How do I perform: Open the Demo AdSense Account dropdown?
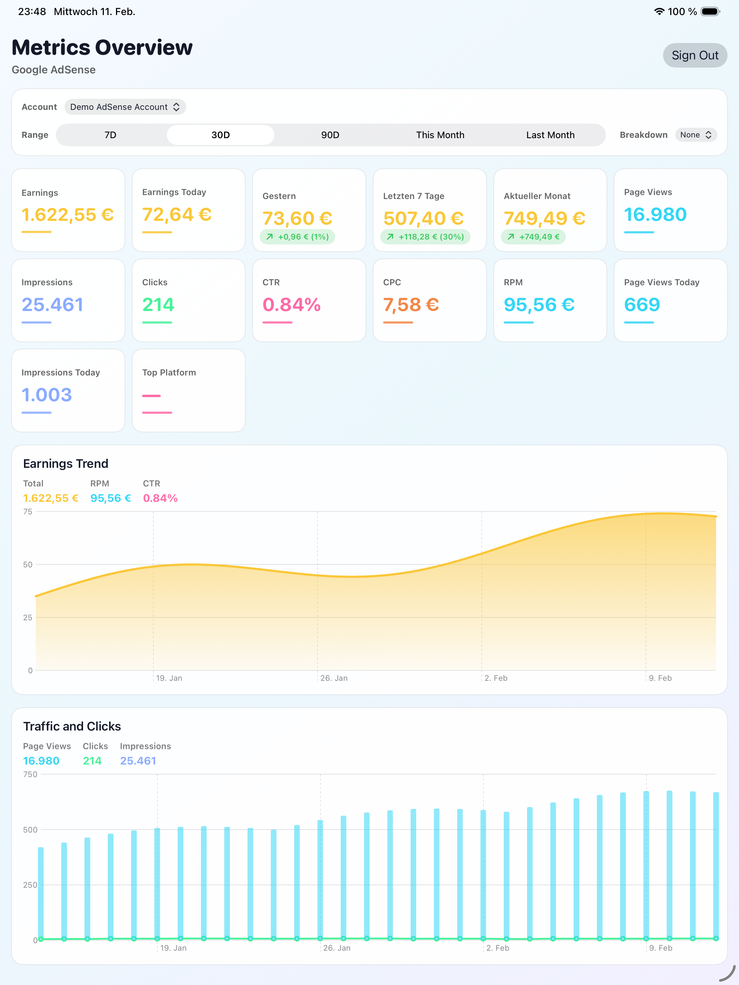pyautogui.click(x=125, y=107)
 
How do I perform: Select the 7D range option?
pyautogui.click(x=111, y=135)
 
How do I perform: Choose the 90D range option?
pyautogui.click(x=330, y=135)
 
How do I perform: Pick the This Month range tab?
pyautogui.click(x=440, y=135)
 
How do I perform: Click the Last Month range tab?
pyautogui.click(x=550, y=135)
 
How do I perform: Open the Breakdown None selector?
pyautogui.click(x=695, y=135)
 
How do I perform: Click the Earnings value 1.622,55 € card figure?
pyautogui.click(x=68, y=215)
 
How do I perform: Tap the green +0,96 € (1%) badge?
pyautogui.click(x=298, y=237)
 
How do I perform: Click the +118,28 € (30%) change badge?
pyautogui.click(x=425, y=237)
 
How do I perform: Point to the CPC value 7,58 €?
pyautogui.click(x=411, y=305)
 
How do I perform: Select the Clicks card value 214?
pyautogui.click(x=158, y=305)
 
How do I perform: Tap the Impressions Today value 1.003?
pyautogui.click(x=47, y=395)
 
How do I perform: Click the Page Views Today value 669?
pyautogui.click(x=642, y=305)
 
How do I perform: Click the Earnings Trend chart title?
pyautogui.click(x=66, y=464)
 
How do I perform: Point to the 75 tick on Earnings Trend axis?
pyautogui.click(x=28, y=511)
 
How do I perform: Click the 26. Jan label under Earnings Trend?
pyautogui.click(x=334, y=678)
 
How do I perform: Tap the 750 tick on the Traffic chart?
pyautogui.click(x=30, y=775)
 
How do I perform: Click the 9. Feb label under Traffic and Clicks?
pyautogui.click(x=661, y=948)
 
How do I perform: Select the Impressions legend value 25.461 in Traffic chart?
pyautogui.click(x=138, y=761)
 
